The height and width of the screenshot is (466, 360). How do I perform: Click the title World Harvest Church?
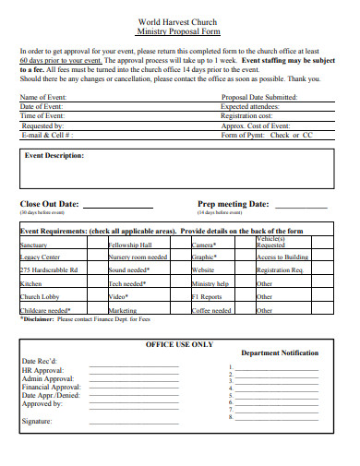[x=180, y=20]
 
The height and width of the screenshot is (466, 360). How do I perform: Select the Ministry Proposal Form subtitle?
[x=180, y=30]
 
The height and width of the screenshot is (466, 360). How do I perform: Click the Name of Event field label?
[x=42, y=97]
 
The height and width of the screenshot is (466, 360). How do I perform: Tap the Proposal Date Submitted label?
[x=259, y=97]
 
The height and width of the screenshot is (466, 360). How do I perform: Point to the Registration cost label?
[x=247, y=115]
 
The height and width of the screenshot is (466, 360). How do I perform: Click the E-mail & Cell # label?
[x=47, y=135]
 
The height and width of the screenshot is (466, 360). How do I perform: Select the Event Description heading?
[x=53, y=156]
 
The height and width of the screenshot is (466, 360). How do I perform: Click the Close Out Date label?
[x=49, y=204]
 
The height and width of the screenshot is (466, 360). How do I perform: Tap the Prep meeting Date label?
[x=233, y=204]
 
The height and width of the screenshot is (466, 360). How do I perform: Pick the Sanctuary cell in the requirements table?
[x=34, y=245]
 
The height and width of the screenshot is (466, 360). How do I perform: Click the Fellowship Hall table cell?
[x=130, y=245]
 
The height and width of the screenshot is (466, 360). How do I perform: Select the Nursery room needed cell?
[x=138, y=257]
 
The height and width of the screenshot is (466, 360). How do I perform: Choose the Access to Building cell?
[x=282, y=257]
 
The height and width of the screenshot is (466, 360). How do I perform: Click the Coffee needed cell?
[x=211, y=311]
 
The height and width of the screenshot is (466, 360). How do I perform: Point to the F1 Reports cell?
[x=207, y=297]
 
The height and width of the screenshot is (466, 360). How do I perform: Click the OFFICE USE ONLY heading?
[x=179, y=343]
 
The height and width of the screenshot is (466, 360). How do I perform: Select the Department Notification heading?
[x=280, y=353]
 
